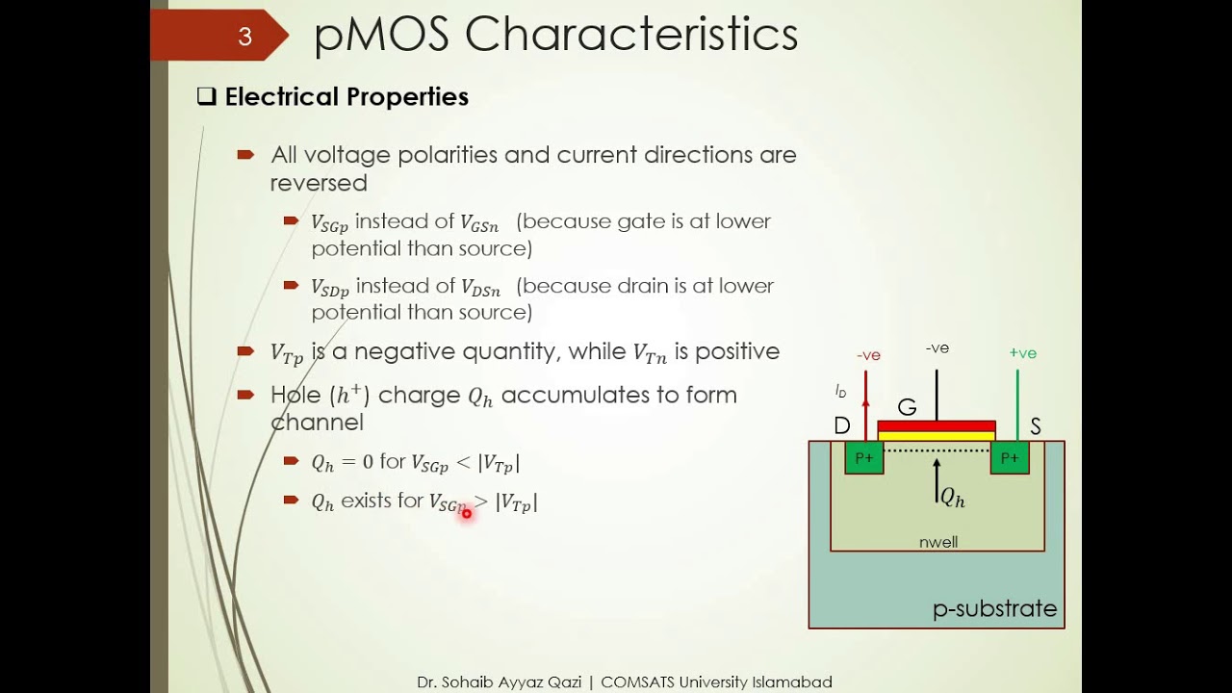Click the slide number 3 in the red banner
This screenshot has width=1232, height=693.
click(x=244, y=37)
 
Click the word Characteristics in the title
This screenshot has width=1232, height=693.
click(x=631, y=35)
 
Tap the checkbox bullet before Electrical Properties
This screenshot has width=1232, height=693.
click(x=206, y=96)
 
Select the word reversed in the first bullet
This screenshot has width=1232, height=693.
click(x=319, y=183)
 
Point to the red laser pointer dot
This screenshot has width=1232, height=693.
click(x=467, y=514)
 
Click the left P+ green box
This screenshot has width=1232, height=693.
click(x=864, y=458)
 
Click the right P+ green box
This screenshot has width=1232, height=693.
click(x=1010, y=458)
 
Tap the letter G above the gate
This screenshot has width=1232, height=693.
click(x=907, y=407)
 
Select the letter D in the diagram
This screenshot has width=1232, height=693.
click(x=842, y=426)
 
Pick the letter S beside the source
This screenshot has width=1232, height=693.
click(x=1036, y=426)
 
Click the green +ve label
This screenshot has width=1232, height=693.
click(x=1023, y=353)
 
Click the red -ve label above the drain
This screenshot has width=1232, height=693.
click(x=868, y=355)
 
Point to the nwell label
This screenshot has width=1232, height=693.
click(x=938, y=542)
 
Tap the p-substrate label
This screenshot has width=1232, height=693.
click(x=994, y=609)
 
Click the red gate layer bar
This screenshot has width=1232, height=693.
click(x=937, y=425)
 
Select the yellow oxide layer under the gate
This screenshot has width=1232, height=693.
click(x=937, y=436)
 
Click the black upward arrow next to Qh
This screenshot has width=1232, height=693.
click(x=937, y=480)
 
